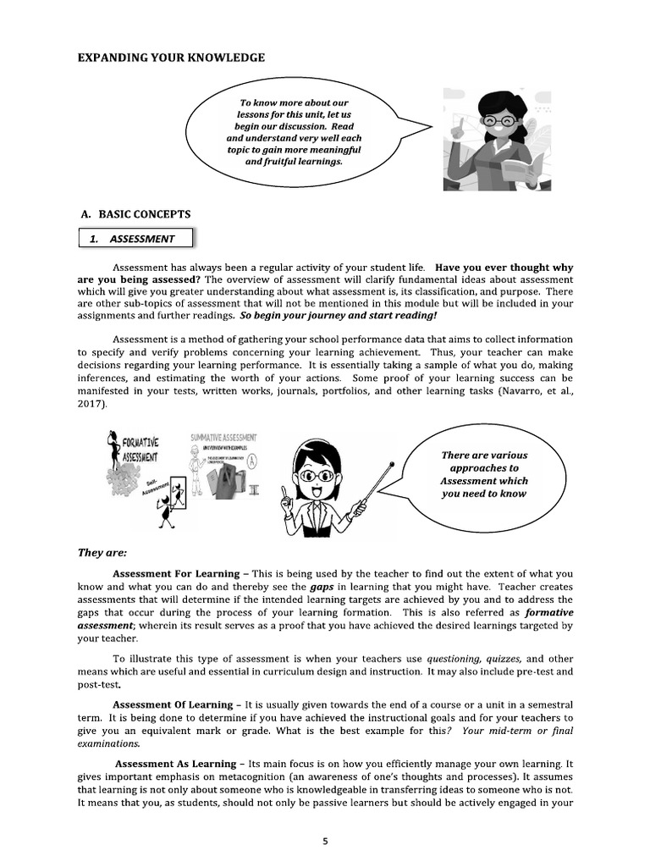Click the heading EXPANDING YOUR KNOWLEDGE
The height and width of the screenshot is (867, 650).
(171, 58)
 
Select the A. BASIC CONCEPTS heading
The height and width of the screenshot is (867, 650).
(134, 214)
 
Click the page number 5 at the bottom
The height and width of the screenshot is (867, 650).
(326, 841)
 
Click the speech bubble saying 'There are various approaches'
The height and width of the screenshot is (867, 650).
(484, 474)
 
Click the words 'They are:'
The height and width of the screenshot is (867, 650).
(102, 553)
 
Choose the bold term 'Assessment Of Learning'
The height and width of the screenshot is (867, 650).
(174, 704)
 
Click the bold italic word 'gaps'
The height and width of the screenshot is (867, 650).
(322, 586)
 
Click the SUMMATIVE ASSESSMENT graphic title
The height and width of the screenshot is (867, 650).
(223, 438)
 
